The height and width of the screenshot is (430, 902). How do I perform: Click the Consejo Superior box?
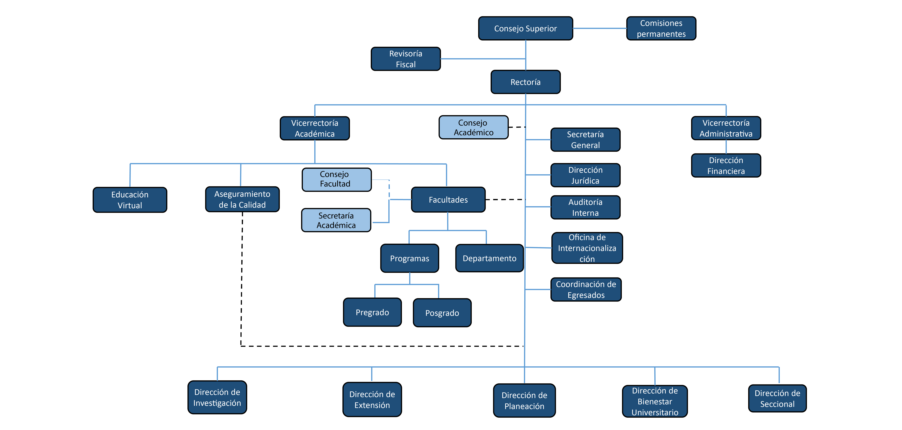pyautogui.click(x=525, y=28)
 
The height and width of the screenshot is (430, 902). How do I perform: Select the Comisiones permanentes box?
pyautogui.click(x=661, y=28)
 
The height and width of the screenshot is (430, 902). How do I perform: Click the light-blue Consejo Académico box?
pyautogui.click(x=473, y=127)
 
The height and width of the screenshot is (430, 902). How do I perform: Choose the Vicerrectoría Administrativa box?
pyautogui.click(x=726, y=128)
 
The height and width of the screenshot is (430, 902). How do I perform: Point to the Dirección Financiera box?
pyautogui.click(x=726, y=165)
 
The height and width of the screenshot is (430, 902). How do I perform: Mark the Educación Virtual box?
pyautogui.click(x=130, y=200)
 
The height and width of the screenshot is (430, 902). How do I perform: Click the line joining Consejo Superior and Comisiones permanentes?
pyautogui.click(x=599, y=28)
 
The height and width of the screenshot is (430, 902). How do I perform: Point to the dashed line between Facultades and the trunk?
pyautogui.click(x=505, y=199)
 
